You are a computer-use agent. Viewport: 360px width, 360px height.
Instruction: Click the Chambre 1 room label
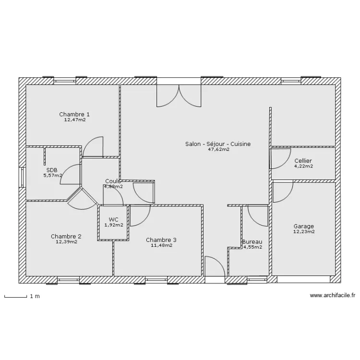(74, 114)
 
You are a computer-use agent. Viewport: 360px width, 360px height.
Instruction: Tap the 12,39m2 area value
(66, 242)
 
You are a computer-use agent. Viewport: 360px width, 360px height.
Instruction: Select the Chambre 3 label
(161, 240)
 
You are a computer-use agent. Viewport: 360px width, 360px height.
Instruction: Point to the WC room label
(113, 219)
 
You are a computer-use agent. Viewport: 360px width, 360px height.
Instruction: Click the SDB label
(52, 170)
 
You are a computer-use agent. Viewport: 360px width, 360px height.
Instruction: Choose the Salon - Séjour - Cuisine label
(218, 144)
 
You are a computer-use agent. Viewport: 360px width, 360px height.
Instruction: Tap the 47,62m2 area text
(218, 150)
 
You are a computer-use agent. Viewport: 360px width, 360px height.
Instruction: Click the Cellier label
(303, 161)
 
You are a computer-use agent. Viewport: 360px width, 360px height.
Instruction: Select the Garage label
(303, 227)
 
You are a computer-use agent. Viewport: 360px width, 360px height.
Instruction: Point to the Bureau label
(252, 241)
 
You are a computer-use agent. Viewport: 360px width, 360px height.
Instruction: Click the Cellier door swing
(278, 159)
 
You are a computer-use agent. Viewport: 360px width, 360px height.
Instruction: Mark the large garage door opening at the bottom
(303, 279)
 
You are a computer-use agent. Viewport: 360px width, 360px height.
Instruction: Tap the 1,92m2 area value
(113, 225)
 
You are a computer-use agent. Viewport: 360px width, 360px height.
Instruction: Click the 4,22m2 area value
(303, 167)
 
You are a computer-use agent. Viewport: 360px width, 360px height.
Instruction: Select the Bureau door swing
(258, 215)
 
